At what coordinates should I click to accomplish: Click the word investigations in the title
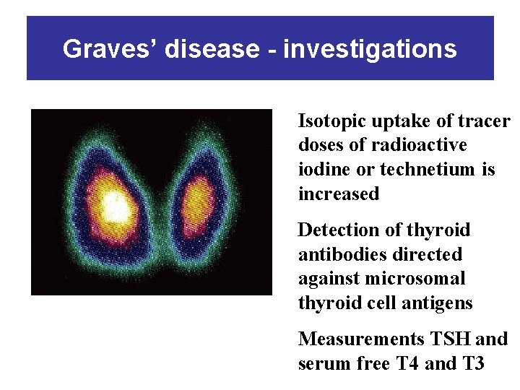point(370,49)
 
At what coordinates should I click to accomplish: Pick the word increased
point(338,194)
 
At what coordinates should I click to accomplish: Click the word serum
point(320,363)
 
